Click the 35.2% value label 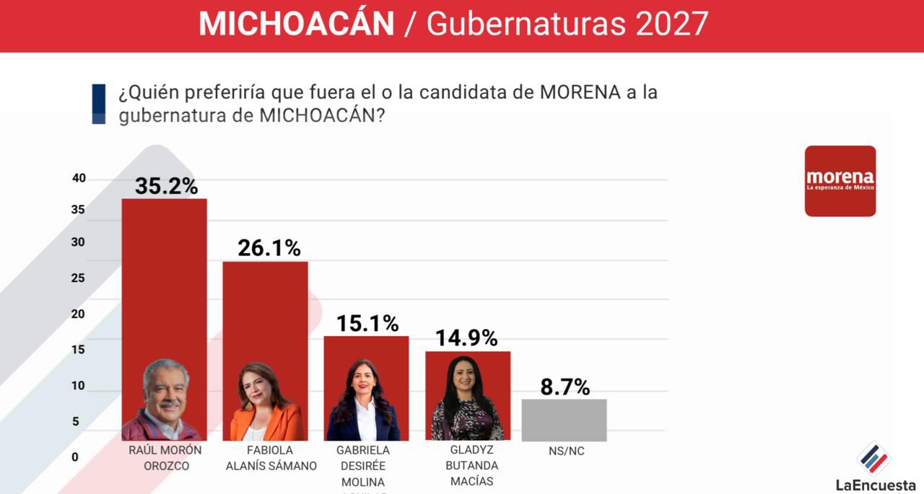click(166, 186)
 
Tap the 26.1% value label click(269, 248)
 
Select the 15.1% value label click(367, 324)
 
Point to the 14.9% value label click(466, 338)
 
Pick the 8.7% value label click(565, 387)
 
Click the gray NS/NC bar click(564, 420)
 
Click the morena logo click(840, 181)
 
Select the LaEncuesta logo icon click(873, 459)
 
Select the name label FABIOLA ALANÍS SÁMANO click(271, 458)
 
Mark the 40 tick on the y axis click(79, 178)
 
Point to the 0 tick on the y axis click(75, 456)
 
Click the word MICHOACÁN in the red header click(297, 25)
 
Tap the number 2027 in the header click(671, 25)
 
